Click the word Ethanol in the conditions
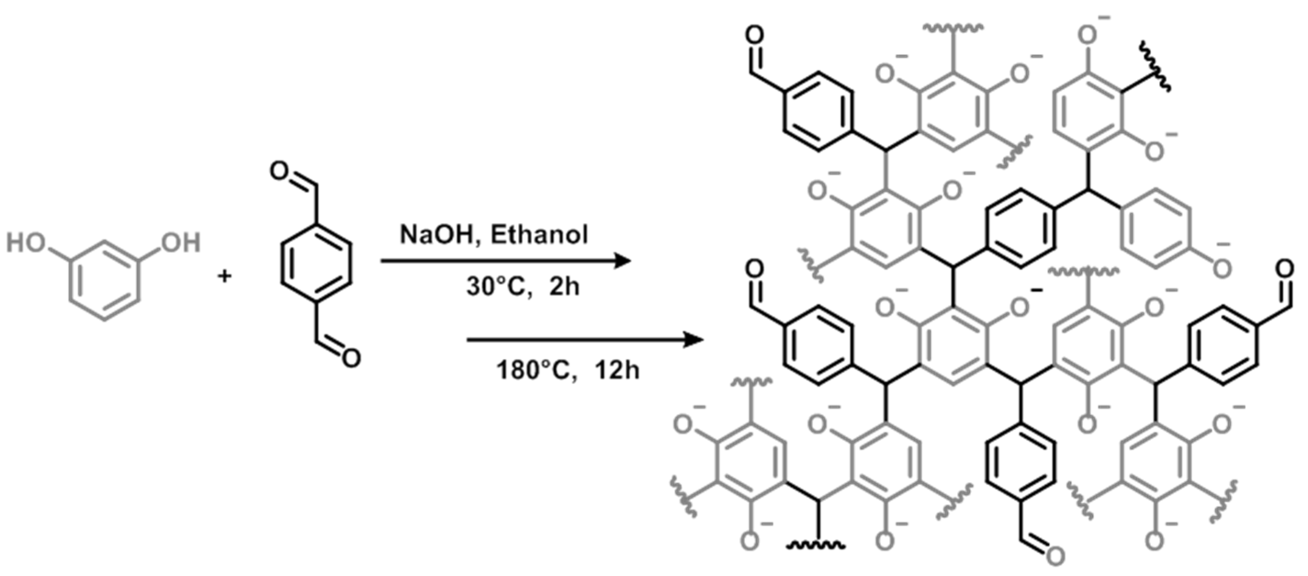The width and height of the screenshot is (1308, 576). point(539,235)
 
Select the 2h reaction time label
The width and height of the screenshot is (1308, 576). point(565,287)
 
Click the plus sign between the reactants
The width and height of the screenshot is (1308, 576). point(224,277)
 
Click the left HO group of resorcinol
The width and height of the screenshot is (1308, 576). point(25,243)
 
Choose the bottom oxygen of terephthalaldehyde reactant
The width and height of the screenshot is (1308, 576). point(351,358)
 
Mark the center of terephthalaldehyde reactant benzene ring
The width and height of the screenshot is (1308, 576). point(316,264)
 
